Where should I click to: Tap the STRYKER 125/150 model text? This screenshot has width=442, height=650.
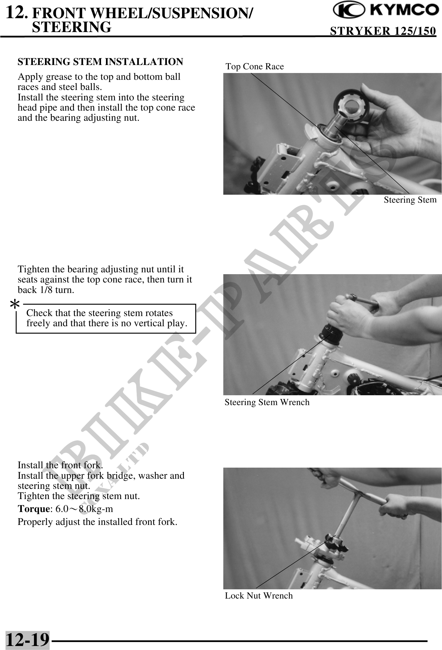pos(383,31)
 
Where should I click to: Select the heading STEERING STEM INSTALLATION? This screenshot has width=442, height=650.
pos(100,62)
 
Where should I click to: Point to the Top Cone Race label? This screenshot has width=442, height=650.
pos(255,67)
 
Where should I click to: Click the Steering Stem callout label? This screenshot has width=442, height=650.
pos(410,200)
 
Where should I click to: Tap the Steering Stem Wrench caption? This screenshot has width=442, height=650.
pos(267,402)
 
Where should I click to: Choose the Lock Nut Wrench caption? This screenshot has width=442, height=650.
pos(259,596)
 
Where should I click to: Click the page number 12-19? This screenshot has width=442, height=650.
pos(27,639)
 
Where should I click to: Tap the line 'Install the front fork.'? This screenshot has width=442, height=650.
pos(60,465)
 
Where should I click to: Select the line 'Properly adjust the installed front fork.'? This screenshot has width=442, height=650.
pos(97,522)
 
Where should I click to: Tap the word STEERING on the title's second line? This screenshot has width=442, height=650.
pos(72,27)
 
